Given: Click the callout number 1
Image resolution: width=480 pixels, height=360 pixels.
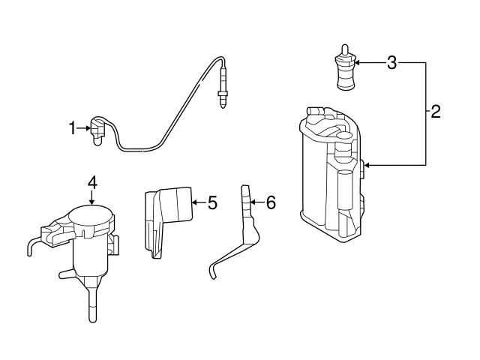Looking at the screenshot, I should point(73,129).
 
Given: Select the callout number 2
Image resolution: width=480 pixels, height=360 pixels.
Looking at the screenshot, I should point(435,113).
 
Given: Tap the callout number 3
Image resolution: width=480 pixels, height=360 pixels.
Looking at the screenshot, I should point(391,63).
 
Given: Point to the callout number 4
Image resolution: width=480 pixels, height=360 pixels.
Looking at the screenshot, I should point(91,181).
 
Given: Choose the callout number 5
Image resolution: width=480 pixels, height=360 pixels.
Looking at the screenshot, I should point(212,202).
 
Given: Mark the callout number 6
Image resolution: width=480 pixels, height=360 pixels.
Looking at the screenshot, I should point(271,202).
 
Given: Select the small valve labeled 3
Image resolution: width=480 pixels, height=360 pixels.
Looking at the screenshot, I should point(344,73).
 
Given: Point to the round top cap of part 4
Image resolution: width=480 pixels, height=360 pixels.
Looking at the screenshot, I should point(91,217).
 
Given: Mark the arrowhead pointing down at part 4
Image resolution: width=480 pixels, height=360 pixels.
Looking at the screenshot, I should point(91,200).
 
